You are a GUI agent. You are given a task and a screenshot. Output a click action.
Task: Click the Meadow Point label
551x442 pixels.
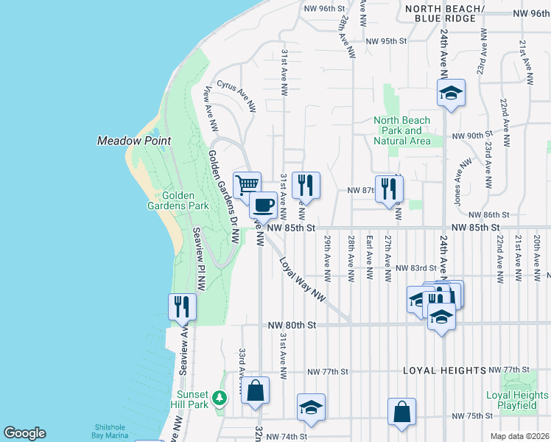pyautogui.click(x=134, y=141)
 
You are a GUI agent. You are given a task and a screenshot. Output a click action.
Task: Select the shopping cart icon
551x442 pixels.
pyautogui.click(x=248, y=183)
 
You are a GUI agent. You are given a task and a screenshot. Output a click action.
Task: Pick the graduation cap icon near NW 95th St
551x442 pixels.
pyautogui.click(x=451, y=93)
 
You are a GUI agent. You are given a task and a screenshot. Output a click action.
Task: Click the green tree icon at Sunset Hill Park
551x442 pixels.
pyautogui.click(x=219, y=399)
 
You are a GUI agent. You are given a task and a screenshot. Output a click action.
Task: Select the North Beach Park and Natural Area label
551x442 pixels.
pyautogui.click(x=401, y=130)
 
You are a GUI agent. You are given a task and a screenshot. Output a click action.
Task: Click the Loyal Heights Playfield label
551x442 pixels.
pyautogui.click(x=517, y=401)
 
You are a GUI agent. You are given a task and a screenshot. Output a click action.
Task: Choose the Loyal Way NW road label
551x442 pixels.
pyautogui.click(x=302, y=278)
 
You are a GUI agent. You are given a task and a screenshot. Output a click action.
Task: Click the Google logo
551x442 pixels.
pyautogui.click(x=24, y=433)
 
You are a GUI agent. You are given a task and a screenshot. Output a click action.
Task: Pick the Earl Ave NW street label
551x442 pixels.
pyautogui.click(x=369, y=257)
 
